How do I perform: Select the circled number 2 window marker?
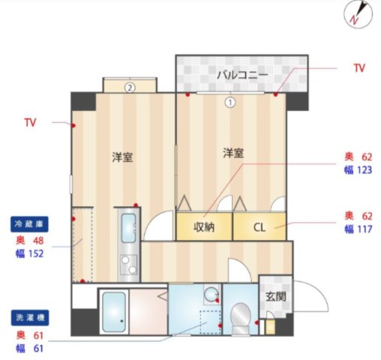(130, 86)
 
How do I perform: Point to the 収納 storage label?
(204, 226)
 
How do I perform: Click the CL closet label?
(259, 226)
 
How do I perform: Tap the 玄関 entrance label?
(274, 295)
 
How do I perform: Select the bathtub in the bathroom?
(114, 310)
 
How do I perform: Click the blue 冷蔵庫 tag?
(31, 223)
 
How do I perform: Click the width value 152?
(35, 254)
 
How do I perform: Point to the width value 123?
(364, 170)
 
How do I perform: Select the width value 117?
(364, 229)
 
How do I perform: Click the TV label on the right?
(359, 68)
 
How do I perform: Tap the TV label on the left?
(30, 121)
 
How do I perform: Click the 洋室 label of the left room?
(122, 157)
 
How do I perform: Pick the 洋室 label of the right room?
(232, 153)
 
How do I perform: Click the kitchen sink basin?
(128, 224)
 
